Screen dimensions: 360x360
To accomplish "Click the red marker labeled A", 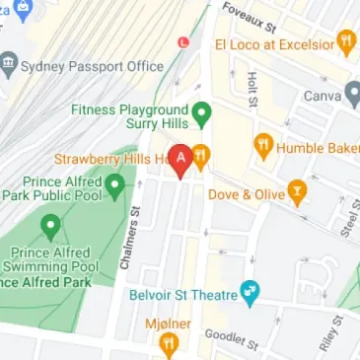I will [x=181, y=160].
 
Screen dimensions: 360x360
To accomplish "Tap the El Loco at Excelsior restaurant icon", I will [x=345, y=42].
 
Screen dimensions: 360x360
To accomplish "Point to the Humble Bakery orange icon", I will [x=263, y=147].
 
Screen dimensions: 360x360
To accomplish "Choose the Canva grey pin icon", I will [x=354, y=96].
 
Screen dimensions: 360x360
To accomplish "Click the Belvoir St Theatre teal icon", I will [x=250, y=293].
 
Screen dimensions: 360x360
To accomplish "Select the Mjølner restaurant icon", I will [x=169, y=342].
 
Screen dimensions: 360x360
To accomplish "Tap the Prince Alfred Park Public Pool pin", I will [x=114, y=184].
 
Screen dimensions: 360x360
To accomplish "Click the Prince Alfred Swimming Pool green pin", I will [x=50, y=229].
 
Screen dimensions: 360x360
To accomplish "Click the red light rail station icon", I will [x=181, y=43].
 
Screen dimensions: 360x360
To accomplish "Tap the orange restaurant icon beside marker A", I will [x=200, y=154].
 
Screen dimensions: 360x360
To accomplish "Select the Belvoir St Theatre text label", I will [x=182, y=294].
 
